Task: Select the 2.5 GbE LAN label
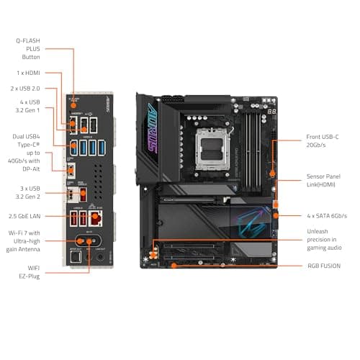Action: click(30, 216)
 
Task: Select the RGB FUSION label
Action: click(324, 266)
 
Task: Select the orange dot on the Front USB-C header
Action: click(272, 174)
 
